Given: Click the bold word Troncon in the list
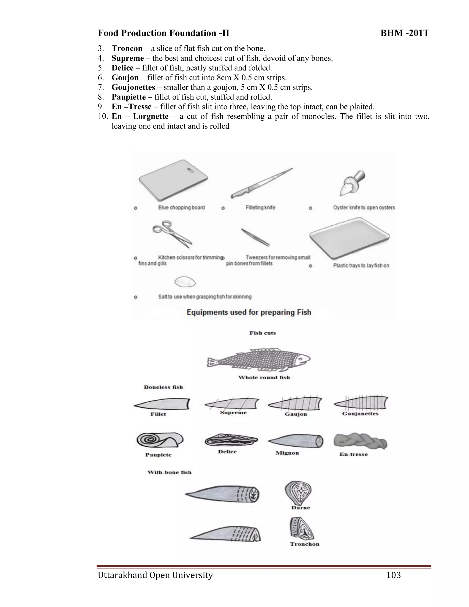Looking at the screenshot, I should click(x=127, y=49).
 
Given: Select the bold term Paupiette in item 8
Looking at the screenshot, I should click(x=129, y=97).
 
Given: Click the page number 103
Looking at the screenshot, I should click(x=393, y=575).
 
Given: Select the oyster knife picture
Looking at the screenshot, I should click(x=352, y=183).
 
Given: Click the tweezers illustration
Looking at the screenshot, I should click(x=255, y=237).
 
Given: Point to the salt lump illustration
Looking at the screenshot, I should click(x=185, y=282).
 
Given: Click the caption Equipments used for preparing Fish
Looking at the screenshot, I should click(x=249, y=312).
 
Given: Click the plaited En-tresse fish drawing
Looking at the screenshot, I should click(x=360, y=440).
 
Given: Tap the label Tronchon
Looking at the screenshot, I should click(x=305, y=544).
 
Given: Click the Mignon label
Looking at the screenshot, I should click(x=287, y=453).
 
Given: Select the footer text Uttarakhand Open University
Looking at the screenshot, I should click(x=155, y=575).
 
